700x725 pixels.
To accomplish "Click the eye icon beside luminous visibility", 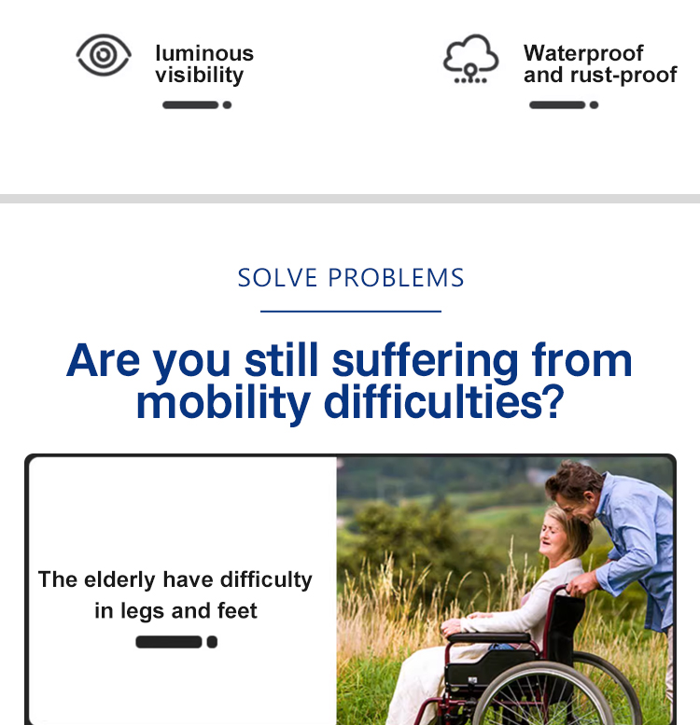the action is (x=104, y=55).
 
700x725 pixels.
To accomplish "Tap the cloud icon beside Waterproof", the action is (x=470, y=58).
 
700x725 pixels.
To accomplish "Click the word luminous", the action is (x=204, y=53).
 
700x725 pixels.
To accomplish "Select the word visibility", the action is (x=200, y=75).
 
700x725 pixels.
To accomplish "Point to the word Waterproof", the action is (x=583, y=53).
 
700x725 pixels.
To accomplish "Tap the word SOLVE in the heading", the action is (x=277, y=278).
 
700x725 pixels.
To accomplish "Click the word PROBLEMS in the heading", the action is (x=397, y=278).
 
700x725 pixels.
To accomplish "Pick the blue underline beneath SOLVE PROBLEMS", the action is (x=351, y=311).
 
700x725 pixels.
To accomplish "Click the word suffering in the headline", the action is (x=426, y=362).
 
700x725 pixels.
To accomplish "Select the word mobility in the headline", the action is (x=223, y=403).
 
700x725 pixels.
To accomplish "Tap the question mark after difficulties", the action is (x=553, y=401).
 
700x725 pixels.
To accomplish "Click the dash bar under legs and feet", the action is (x=176, y=642).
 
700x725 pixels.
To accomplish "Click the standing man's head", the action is (x=575, y=489).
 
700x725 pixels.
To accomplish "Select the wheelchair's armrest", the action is (x=489, y=638).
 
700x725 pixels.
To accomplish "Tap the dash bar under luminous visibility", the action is (x=197, y=105).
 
